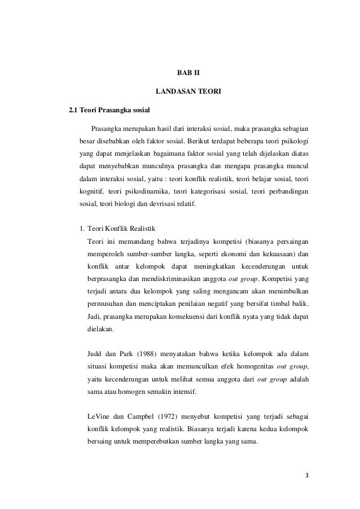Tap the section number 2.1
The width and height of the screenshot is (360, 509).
[x=74, y=109]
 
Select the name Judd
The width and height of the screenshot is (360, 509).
[x=97, y=354]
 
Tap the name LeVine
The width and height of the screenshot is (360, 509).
[x=100, y=416]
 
